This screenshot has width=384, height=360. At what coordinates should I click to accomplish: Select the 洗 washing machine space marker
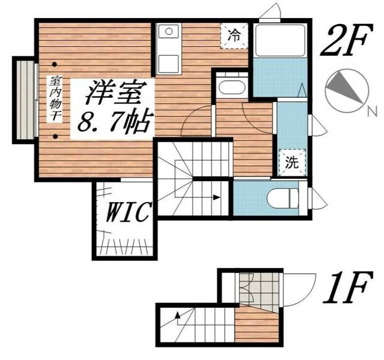coord(292,161)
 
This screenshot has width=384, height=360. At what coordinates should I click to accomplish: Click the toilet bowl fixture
coord(283,197)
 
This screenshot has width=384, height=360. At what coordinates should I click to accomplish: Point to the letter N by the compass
coord(372,111)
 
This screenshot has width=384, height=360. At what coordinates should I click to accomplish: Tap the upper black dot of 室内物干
coord(55,64)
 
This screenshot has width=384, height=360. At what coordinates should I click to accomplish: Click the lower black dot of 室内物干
coord(55,137)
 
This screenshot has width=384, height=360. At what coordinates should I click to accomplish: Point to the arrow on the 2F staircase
coord(213,196)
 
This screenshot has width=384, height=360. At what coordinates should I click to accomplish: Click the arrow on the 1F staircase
coord(178,314)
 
